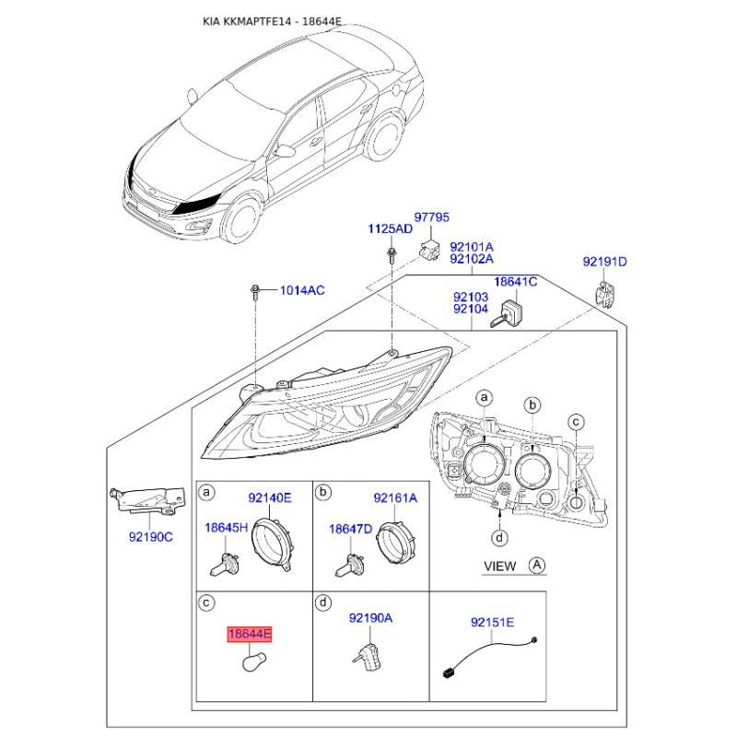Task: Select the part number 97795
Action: pos(431,217)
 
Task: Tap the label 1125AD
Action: pos(392,228)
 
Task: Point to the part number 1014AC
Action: pos(302,291)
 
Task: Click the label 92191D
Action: pos(604,263)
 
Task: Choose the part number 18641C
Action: pos(515,283)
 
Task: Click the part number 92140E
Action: pos(269,497)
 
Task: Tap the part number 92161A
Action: pos(395,497)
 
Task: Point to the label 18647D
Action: pos(351,529)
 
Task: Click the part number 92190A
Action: pos(370,619)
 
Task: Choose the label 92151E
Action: pos(492,623)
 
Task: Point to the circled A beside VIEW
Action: pos(536,564)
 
